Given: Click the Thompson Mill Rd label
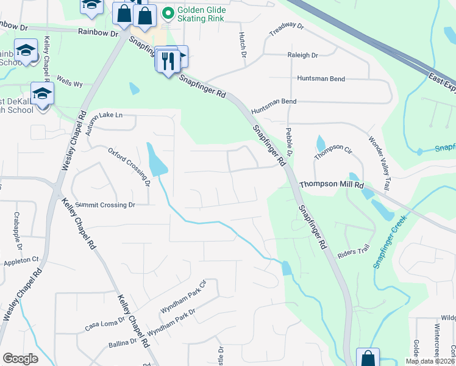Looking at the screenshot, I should pos(331,184).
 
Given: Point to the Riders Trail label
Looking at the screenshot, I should pos(357,249).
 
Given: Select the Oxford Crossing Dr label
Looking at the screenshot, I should pos(129,165).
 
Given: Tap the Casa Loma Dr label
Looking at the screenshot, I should pos(105,323).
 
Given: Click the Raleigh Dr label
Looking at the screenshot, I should pos(303,55).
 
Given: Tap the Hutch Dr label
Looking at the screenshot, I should pos(243,46).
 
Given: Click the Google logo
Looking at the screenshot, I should pos(20,359).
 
